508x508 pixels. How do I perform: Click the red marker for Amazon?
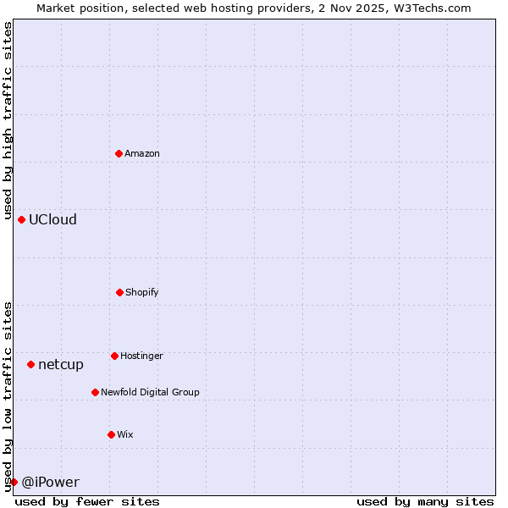click(119, 153)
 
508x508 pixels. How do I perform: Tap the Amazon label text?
click(142, 154)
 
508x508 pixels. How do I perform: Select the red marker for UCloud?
click(22, 219)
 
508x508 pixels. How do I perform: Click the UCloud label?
click(52, 220)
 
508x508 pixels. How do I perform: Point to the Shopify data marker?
click(119, 292)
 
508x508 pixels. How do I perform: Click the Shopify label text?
click(142, 293)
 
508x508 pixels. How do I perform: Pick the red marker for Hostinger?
click(114, 356)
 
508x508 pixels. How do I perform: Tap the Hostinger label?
click(141, 356)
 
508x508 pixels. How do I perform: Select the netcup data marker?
click(30, 364)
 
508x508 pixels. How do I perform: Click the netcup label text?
click(61, 365)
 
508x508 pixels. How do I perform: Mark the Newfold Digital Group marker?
click(95, 392)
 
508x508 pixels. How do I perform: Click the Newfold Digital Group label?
click(150, 393)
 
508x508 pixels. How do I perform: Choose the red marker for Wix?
click(111, 434)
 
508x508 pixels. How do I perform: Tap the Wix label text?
click(125, 435)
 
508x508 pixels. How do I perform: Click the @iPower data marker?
click(14, 482)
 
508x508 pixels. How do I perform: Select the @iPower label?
click(50, 483)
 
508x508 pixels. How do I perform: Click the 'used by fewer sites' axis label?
click(87, 501)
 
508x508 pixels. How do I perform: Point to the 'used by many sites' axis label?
click(425, 501)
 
